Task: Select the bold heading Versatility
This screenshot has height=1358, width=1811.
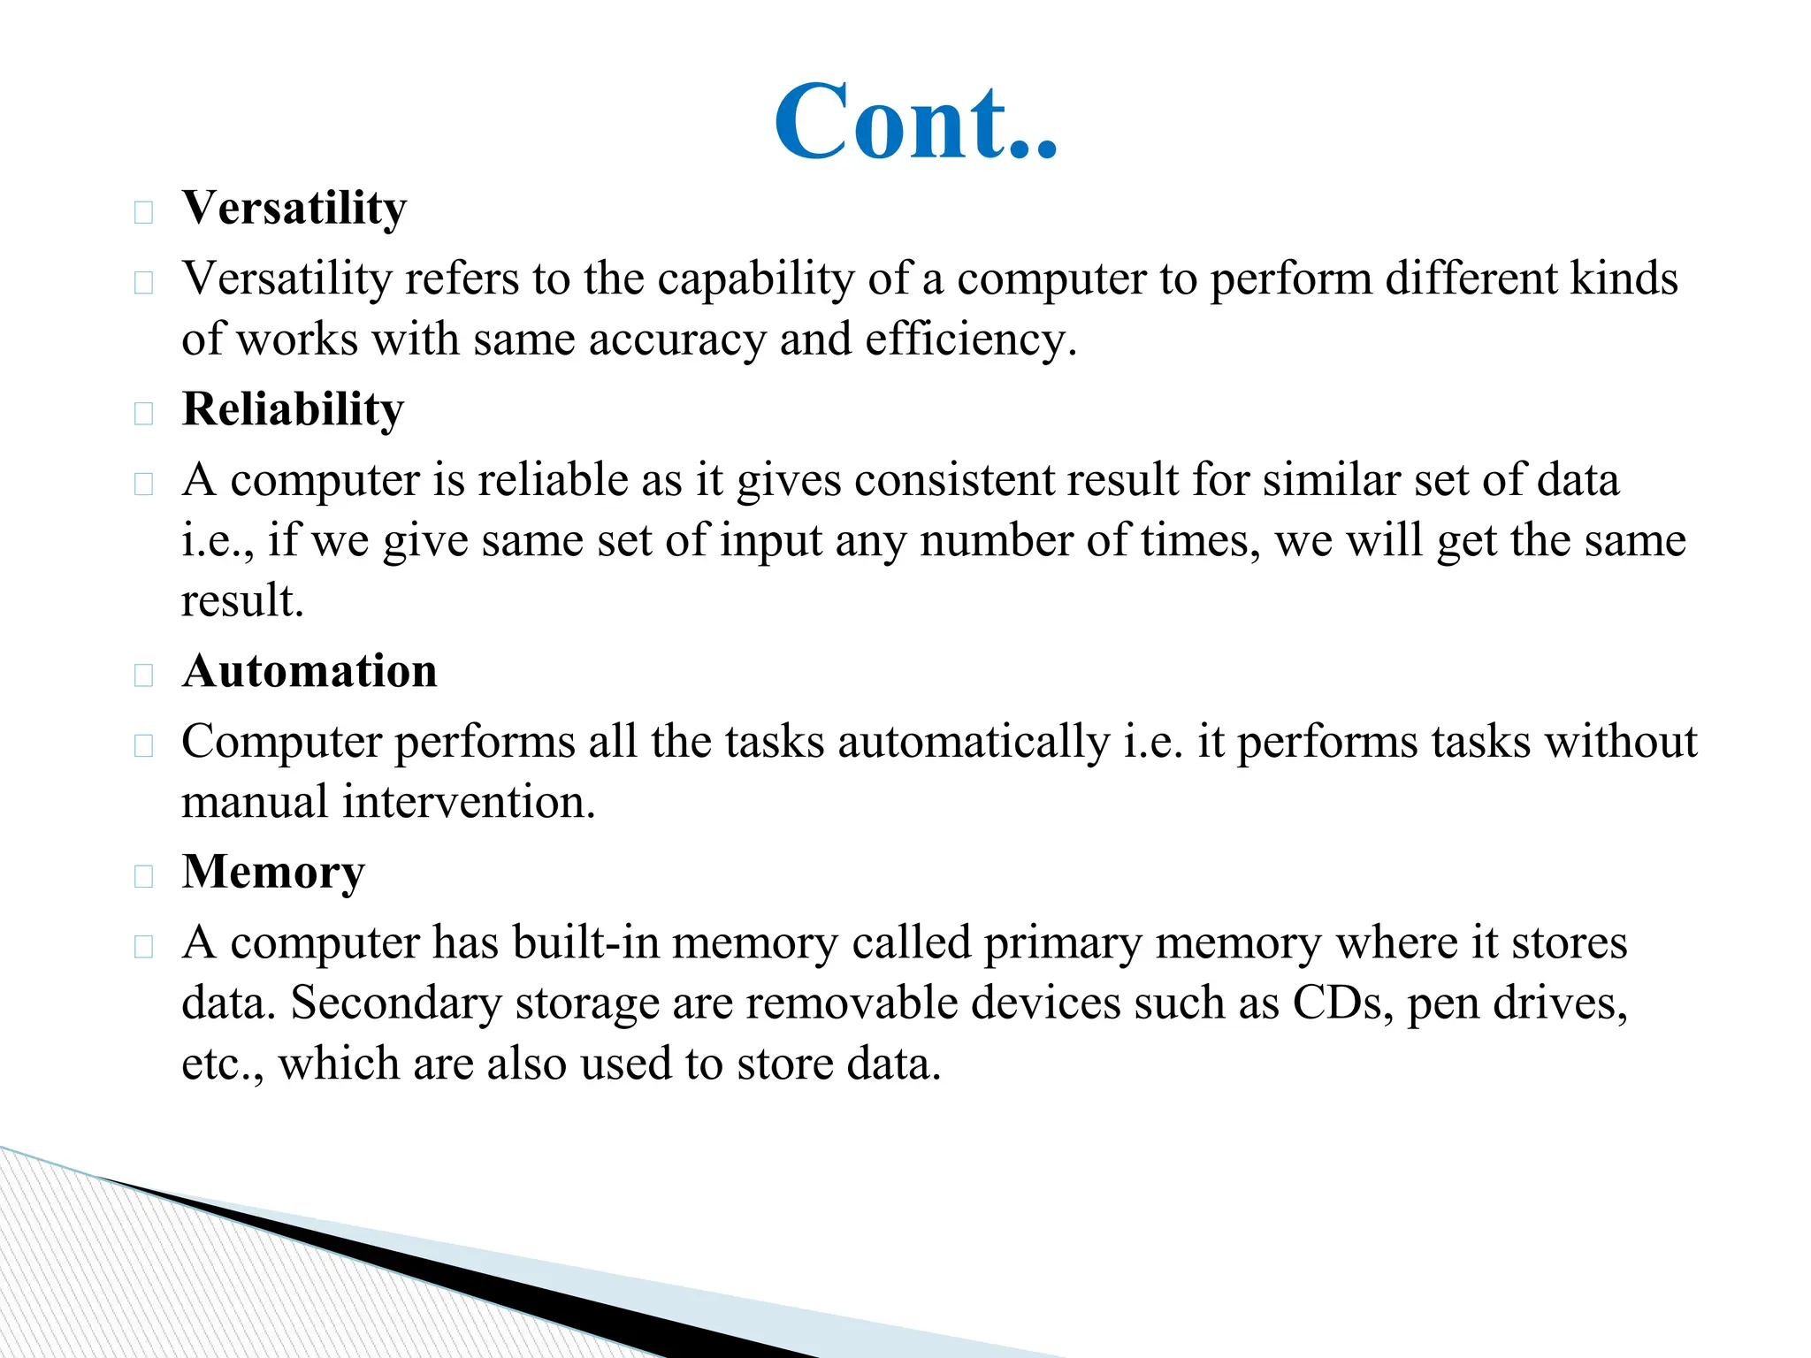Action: (x=294, y=209)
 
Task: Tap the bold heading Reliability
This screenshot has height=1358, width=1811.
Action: (x=293, y=409)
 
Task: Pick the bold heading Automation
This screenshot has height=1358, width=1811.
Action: (x=309, y=671)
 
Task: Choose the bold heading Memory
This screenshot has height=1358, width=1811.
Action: (x=273, y=873)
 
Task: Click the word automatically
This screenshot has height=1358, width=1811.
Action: (x=974, y=742)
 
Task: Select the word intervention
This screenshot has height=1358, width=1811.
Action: (x=469, y=802)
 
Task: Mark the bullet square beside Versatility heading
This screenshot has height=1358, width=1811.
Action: (x=143, y=212)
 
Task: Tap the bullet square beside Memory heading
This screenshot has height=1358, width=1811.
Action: (x=143, y=876)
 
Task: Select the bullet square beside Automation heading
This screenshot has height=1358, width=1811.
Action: (x=143, y=675)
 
